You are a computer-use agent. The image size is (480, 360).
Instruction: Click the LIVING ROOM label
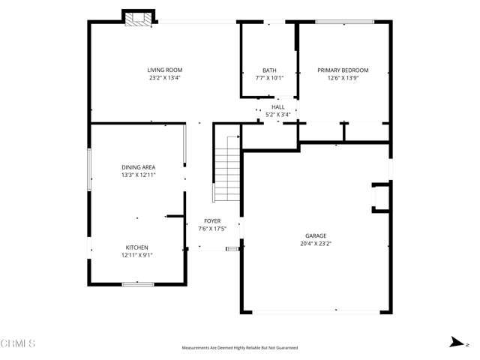(164, 70)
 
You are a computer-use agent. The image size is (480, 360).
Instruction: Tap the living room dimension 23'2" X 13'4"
(164, 77)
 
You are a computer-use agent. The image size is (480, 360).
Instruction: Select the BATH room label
(269, 70)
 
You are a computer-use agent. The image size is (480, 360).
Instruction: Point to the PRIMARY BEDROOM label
(343, 70)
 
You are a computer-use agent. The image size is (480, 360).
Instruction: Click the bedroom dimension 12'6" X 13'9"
(343, 77)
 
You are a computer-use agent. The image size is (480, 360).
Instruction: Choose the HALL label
(277, 107)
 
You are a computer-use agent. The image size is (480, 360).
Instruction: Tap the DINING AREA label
(138, 167)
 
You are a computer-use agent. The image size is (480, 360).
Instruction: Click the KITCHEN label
(136, 247)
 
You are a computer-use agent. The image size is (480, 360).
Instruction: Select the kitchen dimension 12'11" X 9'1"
(136, 255)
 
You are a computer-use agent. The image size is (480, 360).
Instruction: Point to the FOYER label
(213, 221)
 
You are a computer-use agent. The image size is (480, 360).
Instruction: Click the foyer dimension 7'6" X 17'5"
(213, 229)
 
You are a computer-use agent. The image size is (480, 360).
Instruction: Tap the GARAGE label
(316, 235)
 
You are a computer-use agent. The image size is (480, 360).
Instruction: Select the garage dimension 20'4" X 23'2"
(316, 243)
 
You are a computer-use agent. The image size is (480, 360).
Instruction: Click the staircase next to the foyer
(226, 169)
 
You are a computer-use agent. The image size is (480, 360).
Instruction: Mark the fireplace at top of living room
(138, 19)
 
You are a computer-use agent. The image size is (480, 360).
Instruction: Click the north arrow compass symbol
(457, 342)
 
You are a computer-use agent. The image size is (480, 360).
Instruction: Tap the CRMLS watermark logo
(19, 343)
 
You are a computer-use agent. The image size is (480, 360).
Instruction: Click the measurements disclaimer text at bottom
(240, 348)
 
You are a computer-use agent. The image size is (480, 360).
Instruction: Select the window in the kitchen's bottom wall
(138, 283)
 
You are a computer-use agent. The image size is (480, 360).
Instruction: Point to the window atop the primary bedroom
(344, 22)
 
